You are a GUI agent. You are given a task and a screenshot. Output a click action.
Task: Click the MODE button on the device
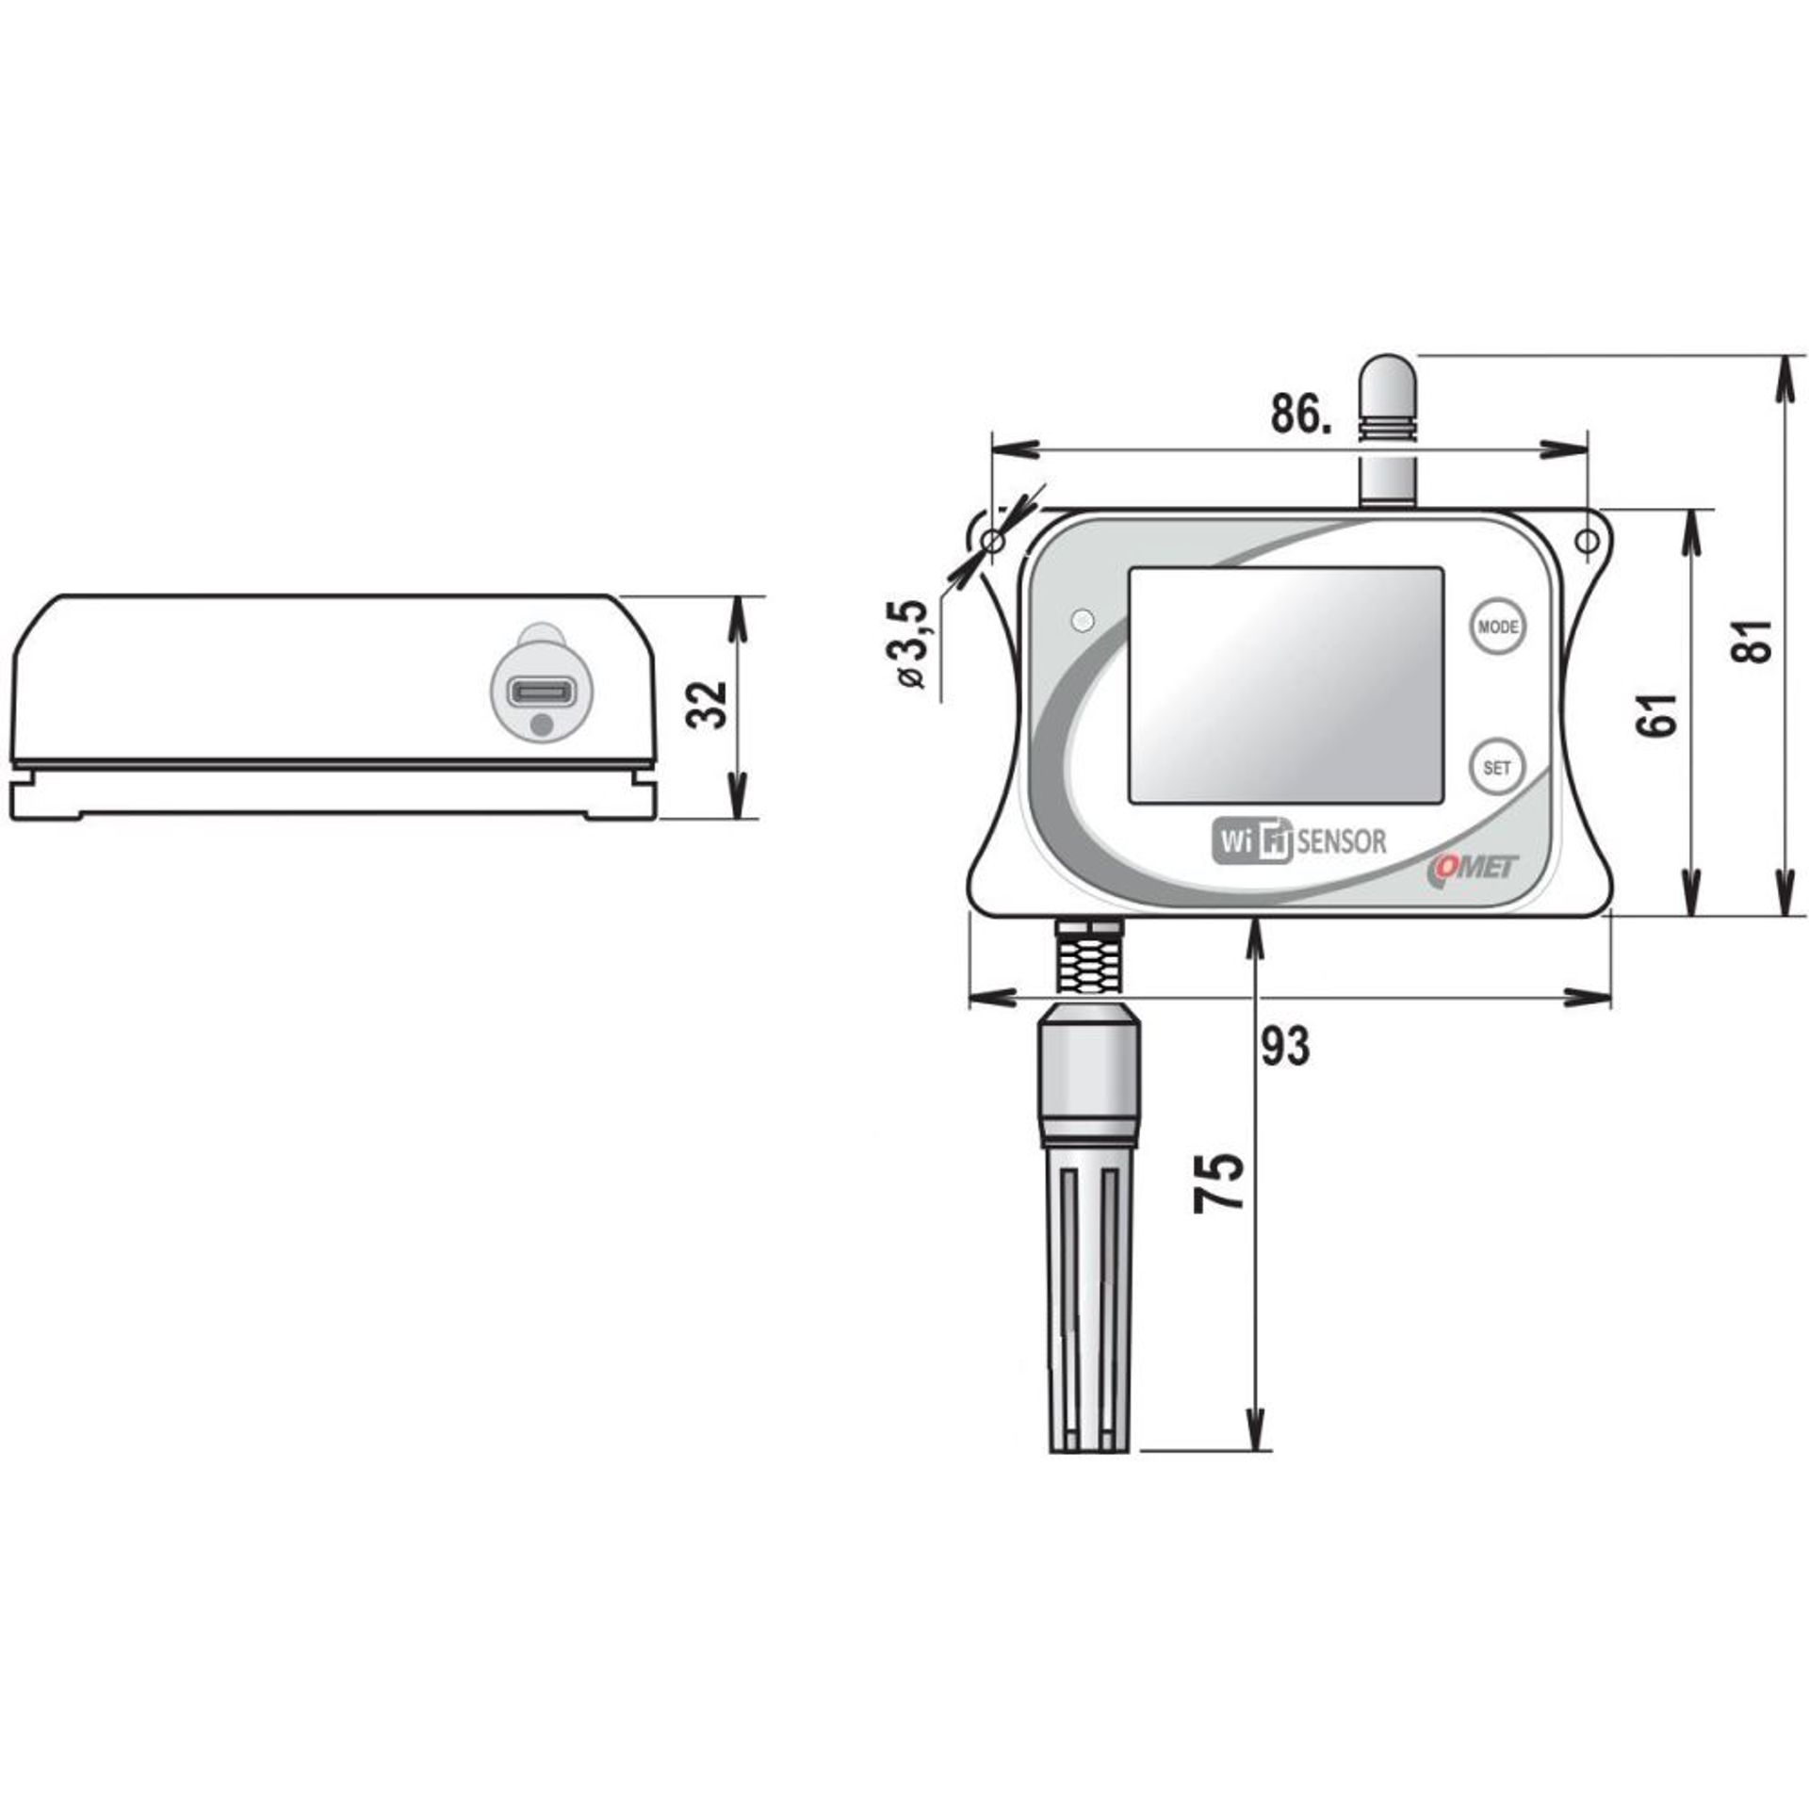1497,627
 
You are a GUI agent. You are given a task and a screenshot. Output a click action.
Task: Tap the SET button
1496,767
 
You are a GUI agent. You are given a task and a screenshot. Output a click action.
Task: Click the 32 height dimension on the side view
707,704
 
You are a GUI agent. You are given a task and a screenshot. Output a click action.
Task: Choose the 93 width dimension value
1285,1046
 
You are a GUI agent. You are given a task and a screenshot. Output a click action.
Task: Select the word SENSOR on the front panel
1342,840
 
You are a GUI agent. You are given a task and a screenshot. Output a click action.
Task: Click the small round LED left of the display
1084,620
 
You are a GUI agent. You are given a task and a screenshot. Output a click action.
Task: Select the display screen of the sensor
1286,685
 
